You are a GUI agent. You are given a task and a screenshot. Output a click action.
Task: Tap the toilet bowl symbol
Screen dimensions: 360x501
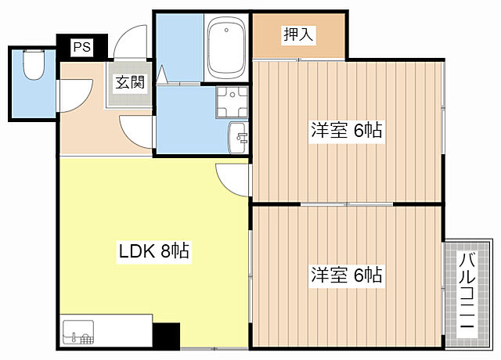click(33, 67)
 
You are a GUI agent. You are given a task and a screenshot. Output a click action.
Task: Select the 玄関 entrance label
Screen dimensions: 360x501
click(130, 81)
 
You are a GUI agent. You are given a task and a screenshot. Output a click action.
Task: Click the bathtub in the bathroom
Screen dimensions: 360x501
click(226, 49)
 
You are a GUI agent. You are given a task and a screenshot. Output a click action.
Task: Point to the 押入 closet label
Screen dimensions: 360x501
click(297, 35)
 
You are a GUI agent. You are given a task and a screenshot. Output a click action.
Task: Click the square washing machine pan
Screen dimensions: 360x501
click(232, 100)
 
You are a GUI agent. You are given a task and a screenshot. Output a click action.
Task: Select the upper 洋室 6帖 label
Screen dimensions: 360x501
click(346, 130)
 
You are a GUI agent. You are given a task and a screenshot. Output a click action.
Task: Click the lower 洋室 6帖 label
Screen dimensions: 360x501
click(346, 275)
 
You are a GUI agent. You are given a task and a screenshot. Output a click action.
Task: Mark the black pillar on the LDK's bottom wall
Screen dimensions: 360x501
click(166, 336)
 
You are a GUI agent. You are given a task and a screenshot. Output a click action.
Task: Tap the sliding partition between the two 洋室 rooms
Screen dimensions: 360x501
click(346, 203)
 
